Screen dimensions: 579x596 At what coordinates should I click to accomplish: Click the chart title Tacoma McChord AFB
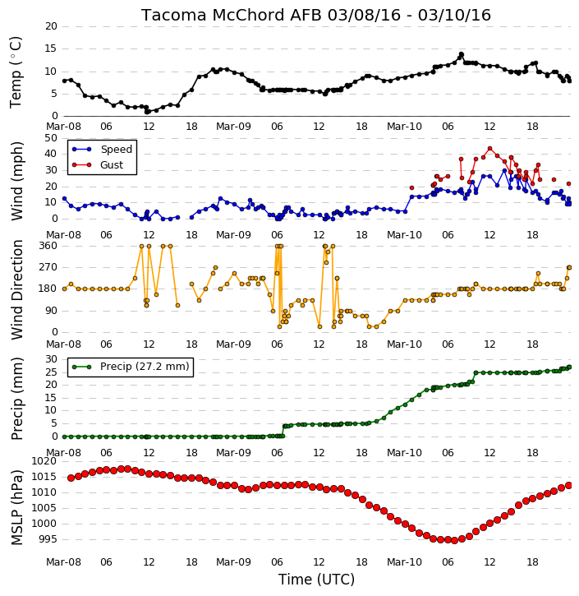pos(232,15)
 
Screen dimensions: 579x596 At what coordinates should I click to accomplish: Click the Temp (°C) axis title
pos(16,72)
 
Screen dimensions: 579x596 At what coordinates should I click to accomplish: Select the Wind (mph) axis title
pos(16,181)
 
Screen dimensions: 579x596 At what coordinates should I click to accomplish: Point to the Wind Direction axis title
pos(16,289)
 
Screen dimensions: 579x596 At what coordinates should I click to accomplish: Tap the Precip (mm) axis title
pos(16,399)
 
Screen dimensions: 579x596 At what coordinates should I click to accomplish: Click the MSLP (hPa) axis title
pos(16,507)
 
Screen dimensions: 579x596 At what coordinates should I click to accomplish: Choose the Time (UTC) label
pos(316,580)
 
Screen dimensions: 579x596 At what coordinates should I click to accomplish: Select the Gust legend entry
pos(98,165)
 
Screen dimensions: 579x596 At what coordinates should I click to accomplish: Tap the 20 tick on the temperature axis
pos(51,26)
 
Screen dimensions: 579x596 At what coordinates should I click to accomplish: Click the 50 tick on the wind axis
pos(51,138)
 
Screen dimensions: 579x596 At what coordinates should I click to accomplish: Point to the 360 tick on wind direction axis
pos(48,246)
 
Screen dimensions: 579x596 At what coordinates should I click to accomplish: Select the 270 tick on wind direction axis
pos(48,267)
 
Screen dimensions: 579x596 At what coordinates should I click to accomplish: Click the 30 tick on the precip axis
pos(51,359)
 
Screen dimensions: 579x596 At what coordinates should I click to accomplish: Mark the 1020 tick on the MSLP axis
pos(44,461)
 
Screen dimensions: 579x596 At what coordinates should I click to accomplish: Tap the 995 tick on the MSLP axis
pos(48,539)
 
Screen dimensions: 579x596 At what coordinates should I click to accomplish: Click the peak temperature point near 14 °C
pos(462,54)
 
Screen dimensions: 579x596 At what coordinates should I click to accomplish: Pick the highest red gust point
pos(489,149)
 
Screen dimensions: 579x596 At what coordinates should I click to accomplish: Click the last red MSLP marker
pos(569,485)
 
